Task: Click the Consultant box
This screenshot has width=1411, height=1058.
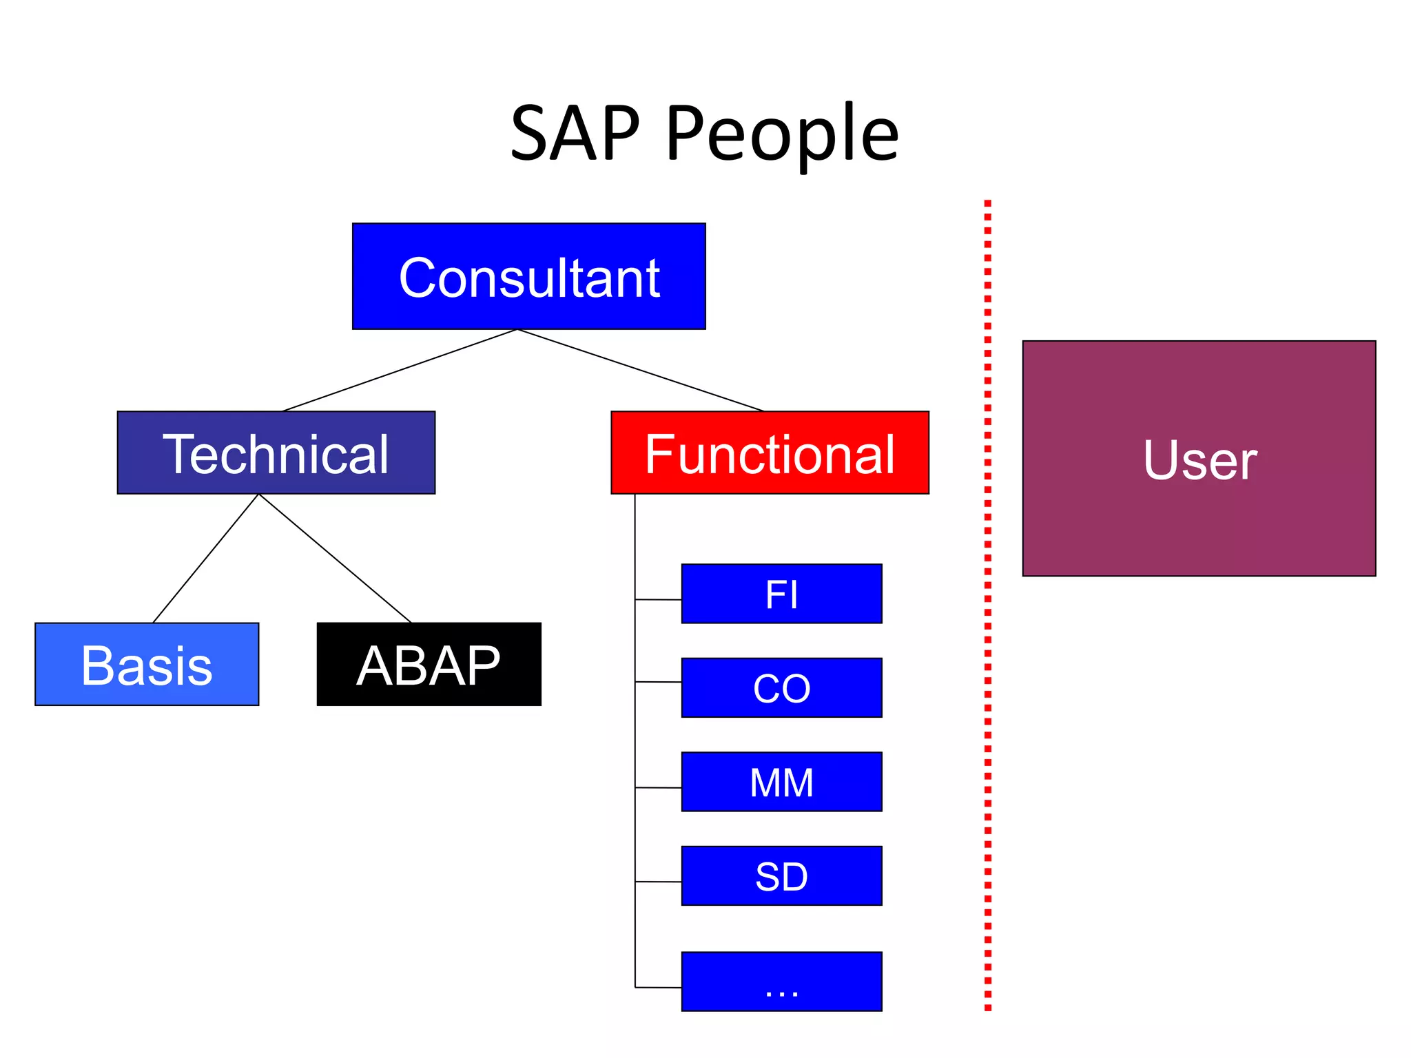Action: pyautogui.click(x=528, y=276)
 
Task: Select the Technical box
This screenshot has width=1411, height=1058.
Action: pyautogui.click(x=276, y=453)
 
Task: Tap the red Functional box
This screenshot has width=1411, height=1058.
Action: pyautogui.click(x=770, y=453)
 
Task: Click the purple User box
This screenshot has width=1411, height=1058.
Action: pyautogui.click(x=1199, y=458)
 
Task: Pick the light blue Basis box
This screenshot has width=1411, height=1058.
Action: pyautogui.click(x=147, y=664)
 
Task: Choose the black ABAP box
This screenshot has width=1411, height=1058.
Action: pyautogui.click(x=429, y=664)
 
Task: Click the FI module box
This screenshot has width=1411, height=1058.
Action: pyautogui.click(x=781, y=594)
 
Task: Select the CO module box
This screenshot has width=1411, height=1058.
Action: pyautogui.click(x=781, y=687)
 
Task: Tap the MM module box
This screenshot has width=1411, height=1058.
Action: pyautogui.click(x=781, y=782)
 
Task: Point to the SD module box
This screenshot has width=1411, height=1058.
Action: pyautogui.click(x=781, y=875)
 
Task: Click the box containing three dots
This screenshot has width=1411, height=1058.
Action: pyautogui.click(x=781, y=982)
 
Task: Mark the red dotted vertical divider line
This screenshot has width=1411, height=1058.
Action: pyautogui.click(x=987, y=606)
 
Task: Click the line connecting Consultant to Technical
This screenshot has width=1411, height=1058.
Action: pyautogui.click(x=400, y=371)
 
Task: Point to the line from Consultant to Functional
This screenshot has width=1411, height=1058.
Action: pyautogui.click(x=641, y=371)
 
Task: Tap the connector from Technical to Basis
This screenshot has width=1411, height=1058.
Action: pyautogui.click(x=205, y=559)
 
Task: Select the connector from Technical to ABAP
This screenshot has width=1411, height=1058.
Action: pyautogui.click(x=335, y=559)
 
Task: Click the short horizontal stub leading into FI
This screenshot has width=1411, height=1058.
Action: pyautogui.click(x=658, y=600)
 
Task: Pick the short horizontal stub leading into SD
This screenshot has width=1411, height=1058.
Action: pyautogui.click(x=658, y=882)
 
